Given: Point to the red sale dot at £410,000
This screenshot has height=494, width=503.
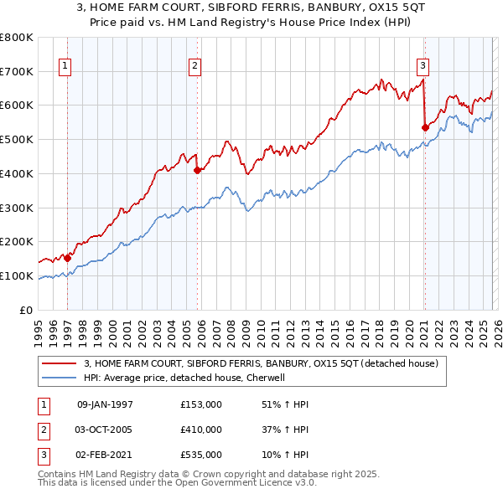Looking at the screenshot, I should point(198,170).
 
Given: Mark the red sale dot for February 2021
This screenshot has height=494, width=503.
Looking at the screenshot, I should point(424,127).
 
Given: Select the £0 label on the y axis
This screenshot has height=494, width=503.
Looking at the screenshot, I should point(25,310).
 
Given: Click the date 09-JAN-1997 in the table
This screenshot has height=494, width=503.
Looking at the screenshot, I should point(104,404).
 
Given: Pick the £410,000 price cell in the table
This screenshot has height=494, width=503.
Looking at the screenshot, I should point(201,430).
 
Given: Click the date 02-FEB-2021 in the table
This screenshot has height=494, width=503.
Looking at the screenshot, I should point(104,455).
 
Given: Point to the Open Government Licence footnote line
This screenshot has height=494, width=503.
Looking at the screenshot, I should point(177,483).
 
